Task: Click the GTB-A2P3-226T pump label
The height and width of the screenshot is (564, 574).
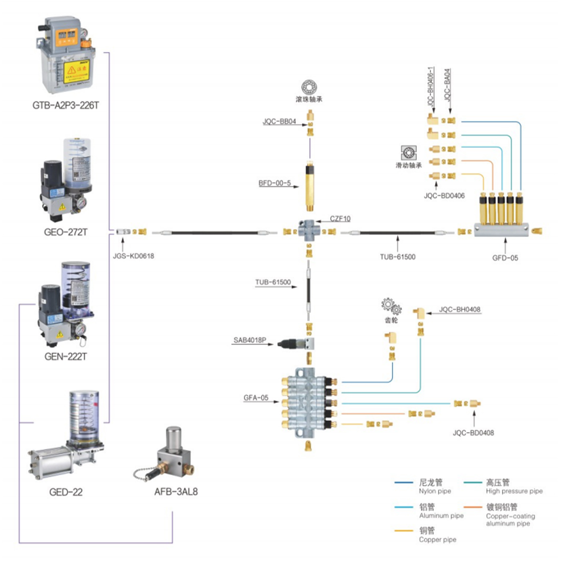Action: pyautogui.click(x=66, y=106)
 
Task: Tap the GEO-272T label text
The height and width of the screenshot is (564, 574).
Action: pyautogui.click(x=65, y=232)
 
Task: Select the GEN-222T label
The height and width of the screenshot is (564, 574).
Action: pyautogui.click(x=65, y=357)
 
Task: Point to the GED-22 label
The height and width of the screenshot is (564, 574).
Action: pyautogui.click(x=65, y=492)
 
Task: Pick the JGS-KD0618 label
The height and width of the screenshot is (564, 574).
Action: pyautogui.click(x=133, y=256)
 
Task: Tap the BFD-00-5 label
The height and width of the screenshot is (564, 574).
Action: pyautogui.click(x=274, y=183)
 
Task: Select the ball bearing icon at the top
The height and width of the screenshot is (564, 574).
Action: pyautogui.click(x=309, y=87)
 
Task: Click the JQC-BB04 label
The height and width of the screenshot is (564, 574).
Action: pyautogui.click(x=279, y=122)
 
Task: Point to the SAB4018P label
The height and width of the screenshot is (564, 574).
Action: pyautogui.click(x=249, y=340)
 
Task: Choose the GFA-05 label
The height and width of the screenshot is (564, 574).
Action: pyautogui.click(x=256, y=398)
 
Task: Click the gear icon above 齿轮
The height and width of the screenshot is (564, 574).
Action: pyautogui.click(x=391, y=306)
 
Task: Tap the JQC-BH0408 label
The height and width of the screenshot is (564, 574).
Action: pyautogui.click(x=460, y=310)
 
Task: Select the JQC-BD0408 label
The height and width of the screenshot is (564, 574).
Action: pyautogui.click(x=473, y=433)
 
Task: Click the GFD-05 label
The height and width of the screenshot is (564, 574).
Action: pyautogui.click(x=505, y=258)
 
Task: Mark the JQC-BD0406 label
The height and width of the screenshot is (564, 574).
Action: pyautogui.click(x=444, y=196)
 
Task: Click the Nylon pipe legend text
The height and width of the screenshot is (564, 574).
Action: pyautogui.click(x=434, y=491)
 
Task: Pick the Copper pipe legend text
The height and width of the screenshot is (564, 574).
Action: pyautogui.click(x=437, y=540)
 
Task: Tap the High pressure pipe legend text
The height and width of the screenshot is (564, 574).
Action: pyautogui.click(x=514, y=491)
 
